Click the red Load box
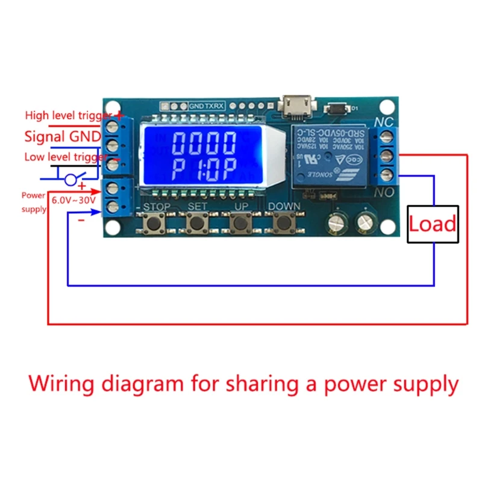(433, 224)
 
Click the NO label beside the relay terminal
(383, 194)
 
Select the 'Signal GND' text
(63, 137)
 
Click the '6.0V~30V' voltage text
(75, 199)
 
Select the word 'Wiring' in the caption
(60, 384)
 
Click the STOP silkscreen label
(156, 207)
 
